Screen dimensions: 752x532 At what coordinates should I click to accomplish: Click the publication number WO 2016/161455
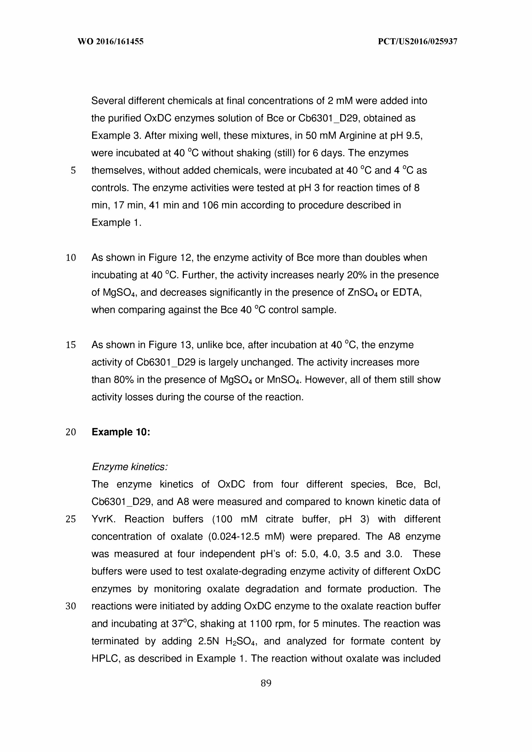[x=111, y=42]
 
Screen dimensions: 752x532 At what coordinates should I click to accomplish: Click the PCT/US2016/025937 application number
[x=418, y=42]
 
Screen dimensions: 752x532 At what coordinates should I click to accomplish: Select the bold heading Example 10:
[x=121, y=432]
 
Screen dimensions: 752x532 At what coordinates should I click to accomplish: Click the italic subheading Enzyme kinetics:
[x=130, y=467]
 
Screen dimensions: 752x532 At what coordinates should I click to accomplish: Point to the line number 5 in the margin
[x=73, y=171]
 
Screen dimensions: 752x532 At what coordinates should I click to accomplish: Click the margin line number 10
[x=71, y=258]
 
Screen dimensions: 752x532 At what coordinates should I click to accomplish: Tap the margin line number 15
[x=71, y=345]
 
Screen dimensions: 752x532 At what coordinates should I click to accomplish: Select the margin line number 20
[x=71, y=432]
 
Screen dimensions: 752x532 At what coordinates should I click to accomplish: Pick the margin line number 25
[x=71, y=519]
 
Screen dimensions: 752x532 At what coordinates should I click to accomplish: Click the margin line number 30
[x=71, y=606]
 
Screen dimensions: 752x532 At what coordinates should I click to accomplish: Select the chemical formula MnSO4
[x=283, y=380]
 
